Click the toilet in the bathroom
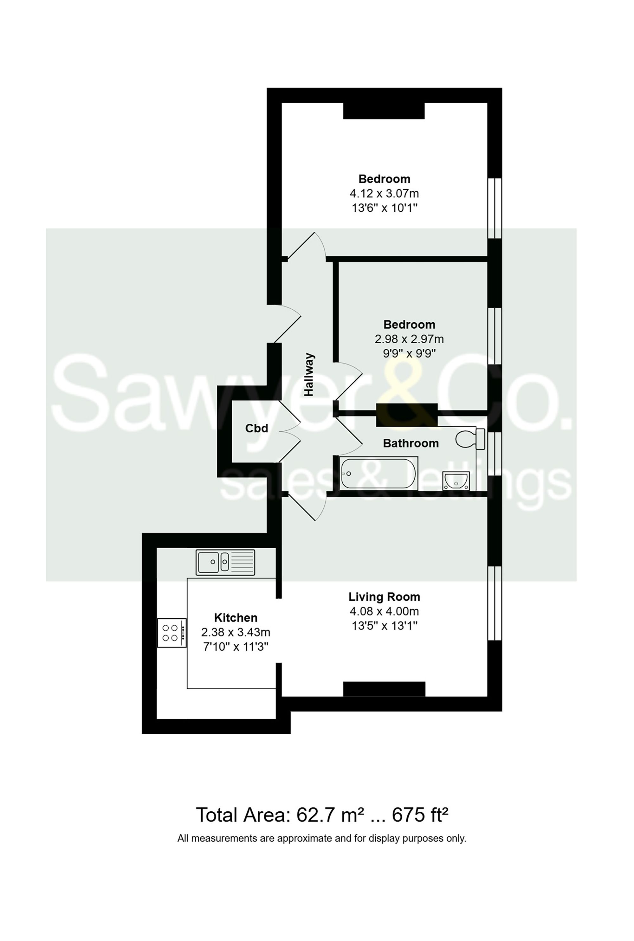[x=470, y=439]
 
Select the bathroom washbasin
[x=456, y=480]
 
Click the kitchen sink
[x=225, y=562]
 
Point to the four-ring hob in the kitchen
[x=172, y=633]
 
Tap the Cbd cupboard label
[x=257, y=428]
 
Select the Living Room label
[x=384, y=597]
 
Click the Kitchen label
[x=236, y=618]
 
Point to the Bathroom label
[x=411, y=443]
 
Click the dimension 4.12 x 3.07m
[x=384, y=193]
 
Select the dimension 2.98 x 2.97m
[x=409, y=339]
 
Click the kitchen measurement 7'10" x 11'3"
[x=236, y=647]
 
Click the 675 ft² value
[x=420, y=815]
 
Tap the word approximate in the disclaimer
[x=296, y=838]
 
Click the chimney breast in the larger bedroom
[x=384, y=111]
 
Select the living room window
[x=495, y=603]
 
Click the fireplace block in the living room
[x=384, y=689]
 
